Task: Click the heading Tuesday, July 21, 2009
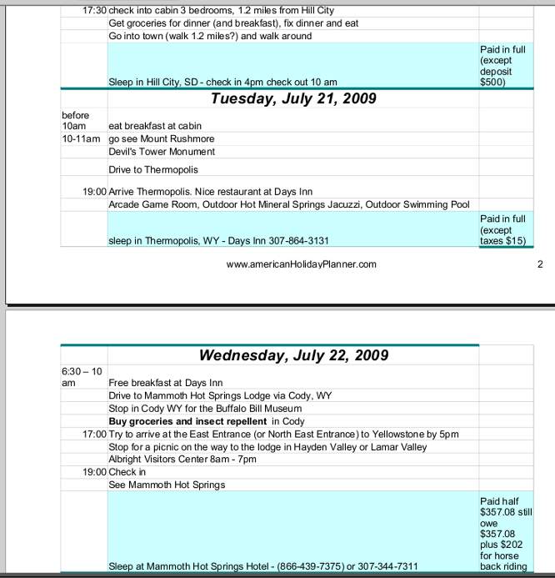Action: (293, 98)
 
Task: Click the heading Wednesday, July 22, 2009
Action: (293, 355)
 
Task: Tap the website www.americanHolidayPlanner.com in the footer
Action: (301, 264)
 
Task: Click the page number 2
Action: (540, 264)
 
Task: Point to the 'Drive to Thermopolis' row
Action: (153, 169)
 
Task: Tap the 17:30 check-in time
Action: (94, 11)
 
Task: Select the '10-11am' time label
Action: (81, 138)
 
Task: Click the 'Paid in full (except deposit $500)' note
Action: (502, 66)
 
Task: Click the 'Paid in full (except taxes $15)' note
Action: (502, 229)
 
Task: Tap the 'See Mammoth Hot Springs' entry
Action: (167, 485)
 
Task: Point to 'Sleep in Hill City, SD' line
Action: (222, 83)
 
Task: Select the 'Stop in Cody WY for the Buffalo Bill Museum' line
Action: (205, 409)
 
